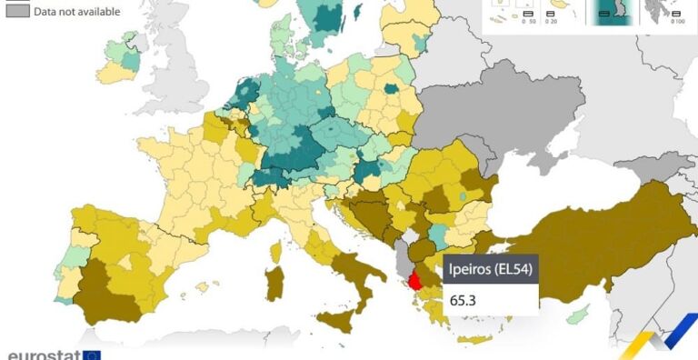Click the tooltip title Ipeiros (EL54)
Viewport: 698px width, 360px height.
coord(490,270)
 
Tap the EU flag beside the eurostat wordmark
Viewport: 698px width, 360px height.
coord(91,355)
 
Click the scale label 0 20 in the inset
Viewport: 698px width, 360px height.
coord(551,21)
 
